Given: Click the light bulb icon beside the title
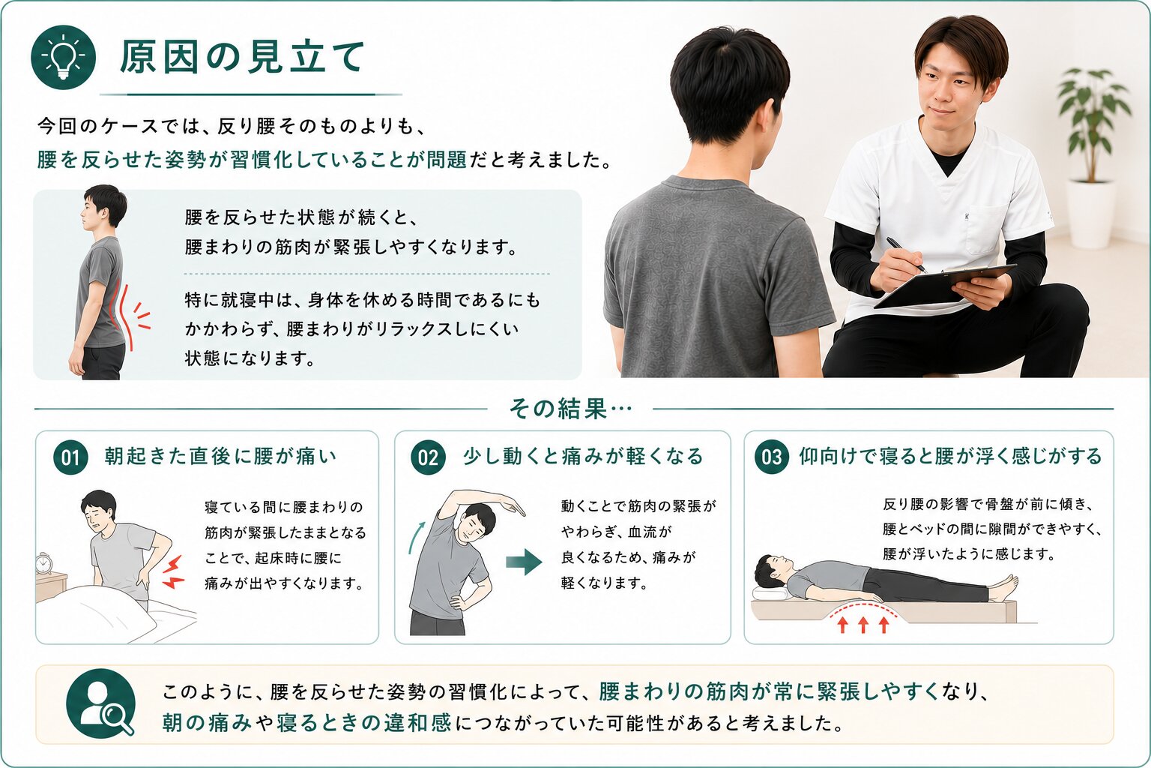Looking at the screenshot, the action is [63, 57].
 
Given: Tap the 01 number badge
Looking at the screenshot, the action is [70, 457].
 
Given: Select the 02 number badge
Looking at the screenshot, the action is [428, 457].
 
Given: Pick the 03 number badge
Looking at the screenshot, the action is [771, 457].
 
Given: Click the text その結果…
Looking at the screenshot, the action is [570, 409].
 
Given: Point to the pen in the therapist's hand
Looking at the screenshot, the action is [907, 255].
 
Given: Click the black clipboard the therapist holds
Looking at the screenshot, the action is [944, 286].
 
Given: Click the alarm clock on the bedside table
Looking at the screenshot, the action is [43, 563].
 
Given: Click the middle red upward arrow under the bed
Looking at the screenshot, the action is [863, 625].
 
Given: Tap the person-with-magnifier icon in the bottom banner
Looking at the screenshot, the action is [100, 703].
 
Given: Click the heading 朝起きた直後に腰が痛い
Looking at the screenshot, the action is [220, 456].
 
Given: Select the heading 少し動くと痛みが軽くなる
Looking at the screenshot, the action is [583, 456].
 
